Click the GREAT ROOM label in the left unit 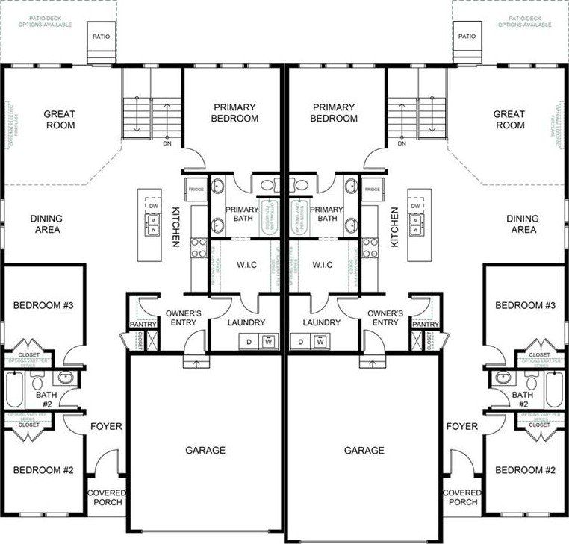pyautogui.click(x=59, y=119)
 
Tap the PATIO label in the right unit pyautogui.click(x=467, y=36)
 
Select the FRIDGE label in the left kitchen pyautogui.click(x=196, y=190)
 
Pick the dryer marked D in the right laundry pyautogui.click(x=300, y=342)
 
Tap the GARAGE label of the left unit pyautogui.click(x=205, y=450)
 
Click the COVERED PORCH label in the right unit pyautogui.click(x=462, y=497)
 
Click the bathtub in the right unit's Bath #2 pyautogui.click(x=553, y=389)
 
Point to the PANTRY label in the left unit pyautogui.click(x=143, y=325)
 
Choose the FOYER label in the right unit pyautogui.click(x=461, y=426)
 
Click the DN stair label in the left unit pyautogui.click(x=167, y=143)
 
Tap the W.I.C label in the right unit pyautogui.click(x=323, y=265)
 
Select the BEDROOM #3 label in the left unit pyautogui.click(x=43, y=305)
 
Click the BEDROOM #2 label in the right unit pyautogui.click(x=526, y=470)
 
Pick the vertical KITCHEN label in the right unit pyautogui.click(x=393, y=227)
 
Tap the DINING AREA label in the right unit pyautogui.click(x=523, y=224)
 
